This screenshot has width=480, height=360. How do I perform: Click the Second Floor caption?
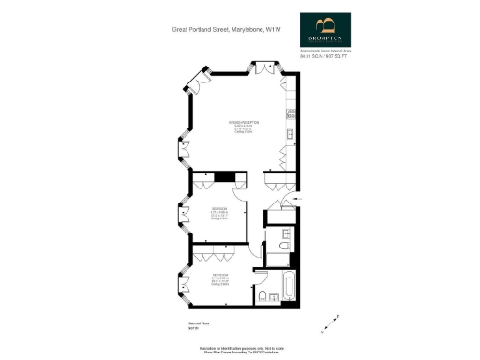pos(189,323)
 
